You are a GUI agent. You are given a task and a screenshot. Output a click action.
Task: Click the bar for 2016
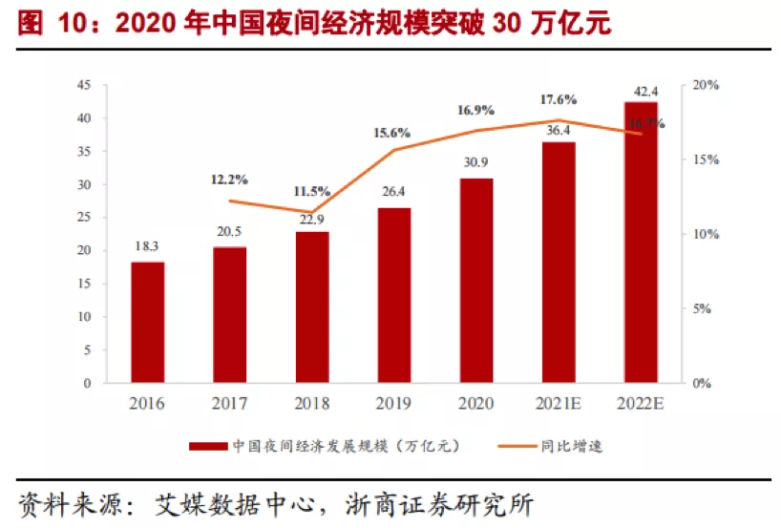(x=148, y=323)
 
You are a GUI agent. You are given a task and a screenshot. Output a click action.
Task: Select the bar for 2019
(x=394, y=296)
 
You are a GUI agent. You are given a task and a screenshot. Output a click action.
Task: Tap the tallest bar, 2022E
(x=641, y=243)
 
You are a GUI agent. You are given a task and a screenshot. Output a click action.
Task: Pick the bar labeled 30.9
(x=476, y=281)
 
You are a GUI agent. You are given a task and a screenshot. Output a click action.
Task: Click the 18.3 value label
(x=148, y=246)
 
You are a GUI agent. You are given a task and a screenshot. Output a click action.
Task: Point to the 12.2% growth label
(x=230, y=179)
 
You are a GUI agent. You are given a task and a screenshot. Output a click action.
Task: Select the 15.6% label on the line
(x=392, y=133)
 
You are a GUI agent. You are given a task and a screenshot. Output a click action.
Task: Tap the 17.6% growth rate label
(x=559, y=98)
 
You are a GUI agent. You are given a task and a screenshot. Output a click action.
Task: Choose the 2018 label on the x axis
(x=311, y=404)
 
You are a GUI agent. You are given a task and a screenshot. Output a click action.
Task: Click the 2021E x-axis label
(x=559, y=404)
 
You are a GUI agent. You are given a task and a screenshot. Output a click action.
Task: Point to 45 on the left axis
(x=84, y=86)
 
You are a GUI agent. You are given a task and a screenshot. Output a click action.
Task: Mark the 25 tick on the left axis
(x=84, y=218)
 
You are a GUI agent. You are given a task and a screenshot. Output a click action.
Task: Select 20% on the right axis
(x=706, y=86)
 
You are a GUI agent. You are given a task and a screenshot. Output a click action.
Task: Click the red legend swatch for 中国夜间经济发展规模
(x=206, y=445)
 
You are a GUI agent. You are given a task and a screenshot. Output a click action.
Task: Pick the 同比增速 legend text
(x=579, y=445)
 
